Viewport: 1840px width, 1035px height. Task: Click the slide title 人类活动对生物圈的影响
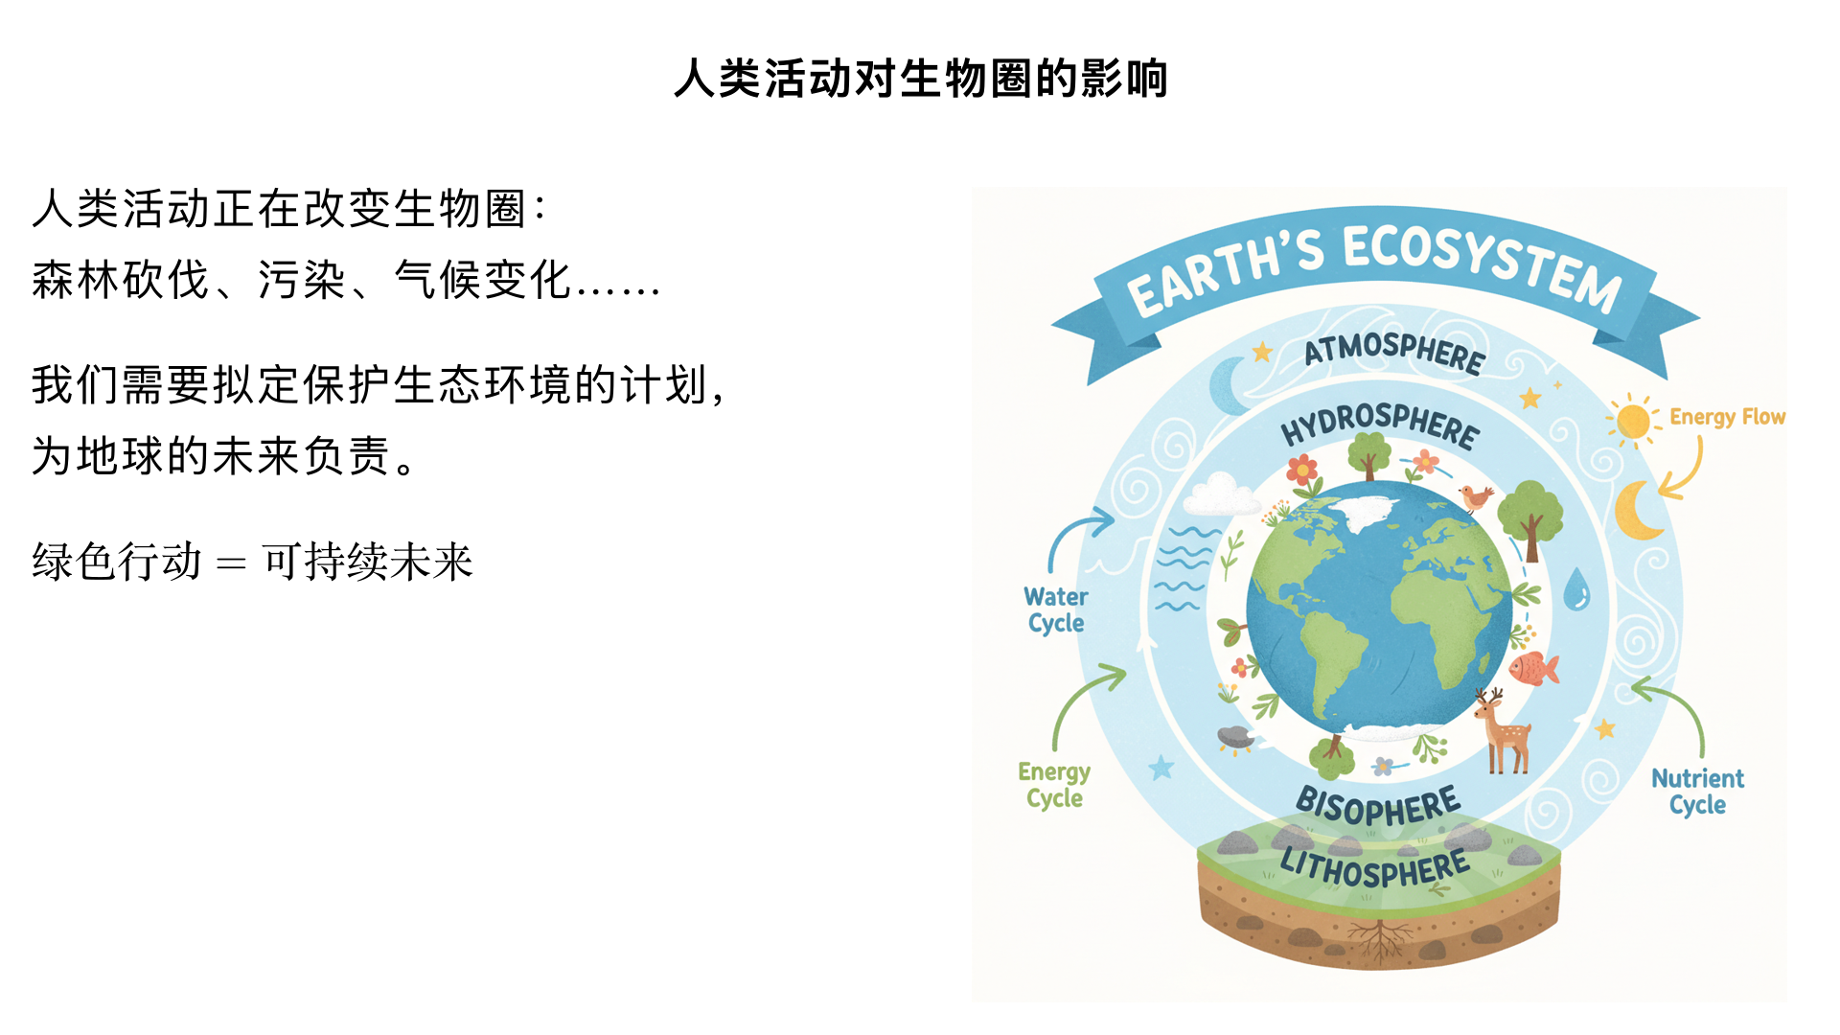tap(920, 79)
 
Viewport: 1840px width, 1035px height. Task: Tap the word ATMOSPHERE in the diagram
tap(1394, 351)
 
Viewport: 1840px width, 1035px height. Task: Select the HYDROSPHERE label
tap(1380, 425)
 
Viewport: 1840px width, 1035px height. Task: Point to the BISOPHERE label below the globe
tap(1378, 806)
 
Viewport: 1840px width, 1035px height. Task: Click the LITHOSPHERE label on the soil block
tap(1375, 868)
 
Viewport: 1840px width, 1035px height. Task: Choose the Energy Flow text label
tap(1727, 417)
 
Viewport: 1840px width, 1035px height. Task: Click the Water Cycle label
tap(1055, 609)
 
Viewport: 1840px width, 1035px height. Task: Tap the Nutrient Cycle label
tap(1697, 792)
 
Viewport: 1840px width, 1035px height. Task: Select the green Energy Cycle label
tap(1054, 785)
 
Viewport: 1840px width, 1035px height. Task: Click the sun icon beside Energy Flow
tap(1633, 421)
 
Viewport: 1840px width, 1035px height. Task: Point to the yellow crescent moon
tap(1636, 510)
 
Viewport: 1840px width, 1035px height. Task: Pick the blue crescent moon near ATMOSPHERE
tap(1227, 385)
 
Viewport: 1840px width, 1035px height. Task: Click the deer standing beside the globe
tap(1503, 730)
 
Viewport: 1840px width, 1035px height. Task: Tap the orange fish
tap(1533, 668)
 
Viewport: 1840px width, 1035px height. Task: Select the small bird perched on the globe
tap(1475, 497)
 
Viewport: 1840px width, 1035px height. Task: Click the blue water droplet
tap(1576, 588)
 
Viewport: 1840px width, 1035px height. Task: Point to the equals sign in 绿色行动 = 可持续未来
tap(231, 563)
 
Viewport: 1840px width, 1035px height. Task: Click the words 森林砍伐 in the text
tap(121, 281)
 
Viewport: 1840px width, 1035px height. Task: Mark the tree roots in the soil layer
tap(1379, 939)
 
